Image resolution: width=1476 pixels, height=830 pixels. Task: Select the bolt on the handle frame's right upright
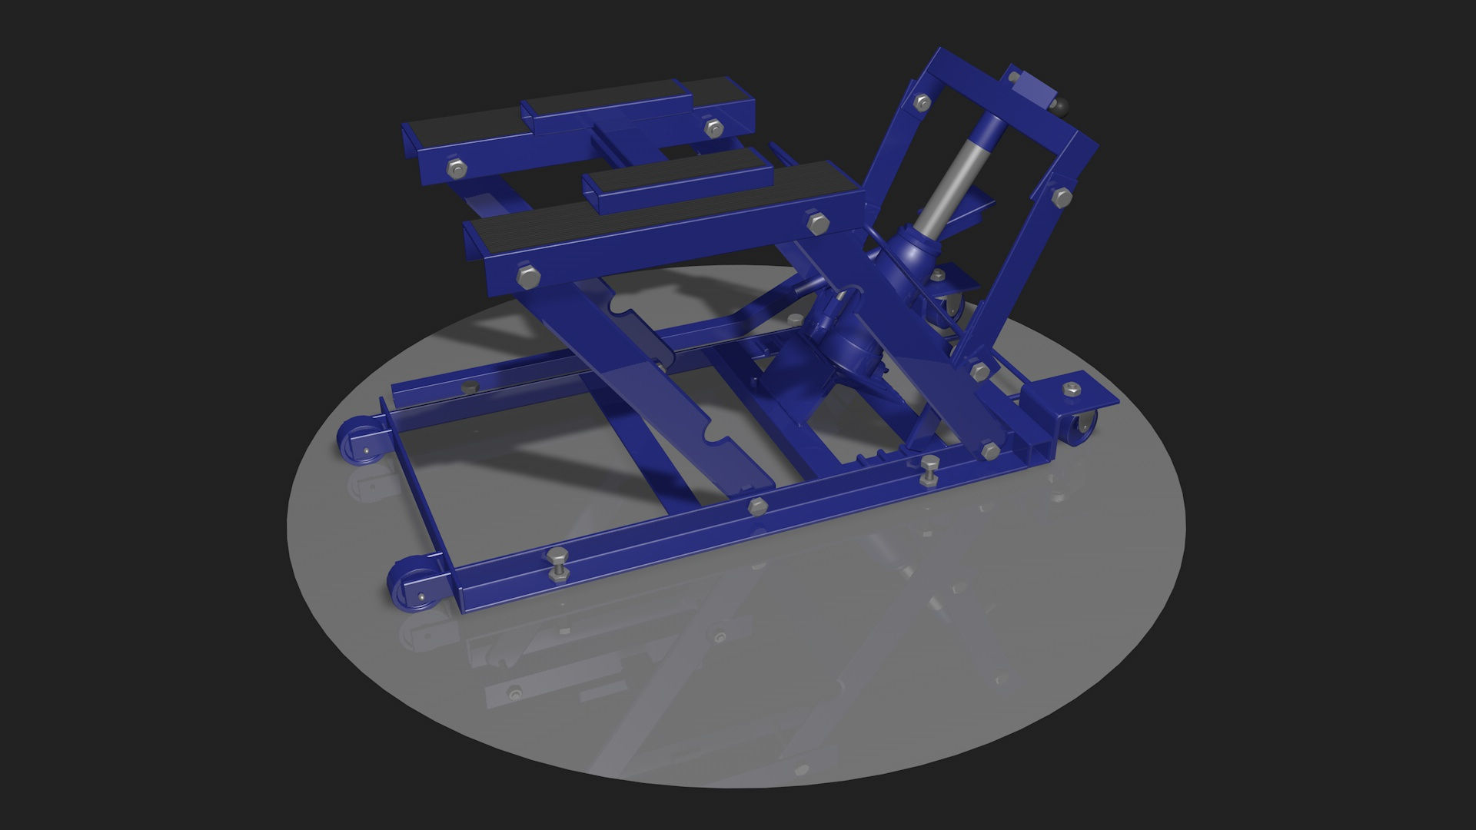point(1062,197)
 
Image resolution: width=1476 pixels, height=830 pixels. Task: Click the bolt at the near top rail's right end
point(816,222)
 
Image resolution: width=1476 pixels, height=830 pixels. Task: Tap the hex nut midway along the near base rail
point(757,505)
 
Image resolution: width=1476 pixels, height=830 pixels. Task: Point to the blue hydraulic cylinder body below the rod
point(915,254)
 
